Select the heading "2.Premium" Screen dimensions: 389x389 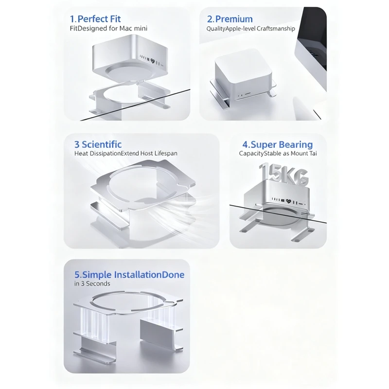pos(230,19)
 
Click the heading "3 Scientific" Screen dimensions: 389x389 pos(98,144)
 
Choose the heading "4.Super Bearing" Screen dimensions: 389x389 pos(278,144)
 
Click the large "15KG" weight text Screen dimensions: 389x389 pos(283,175)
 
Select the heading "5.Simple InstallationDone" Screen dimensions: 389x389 pos(129,275)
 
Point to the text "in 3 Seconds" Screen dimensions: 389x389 pos(92,283)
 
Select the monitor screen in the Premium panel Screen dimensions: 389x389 pos(313,49)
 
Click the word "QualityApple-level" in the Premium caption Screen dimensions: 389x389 pos(229,28)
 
